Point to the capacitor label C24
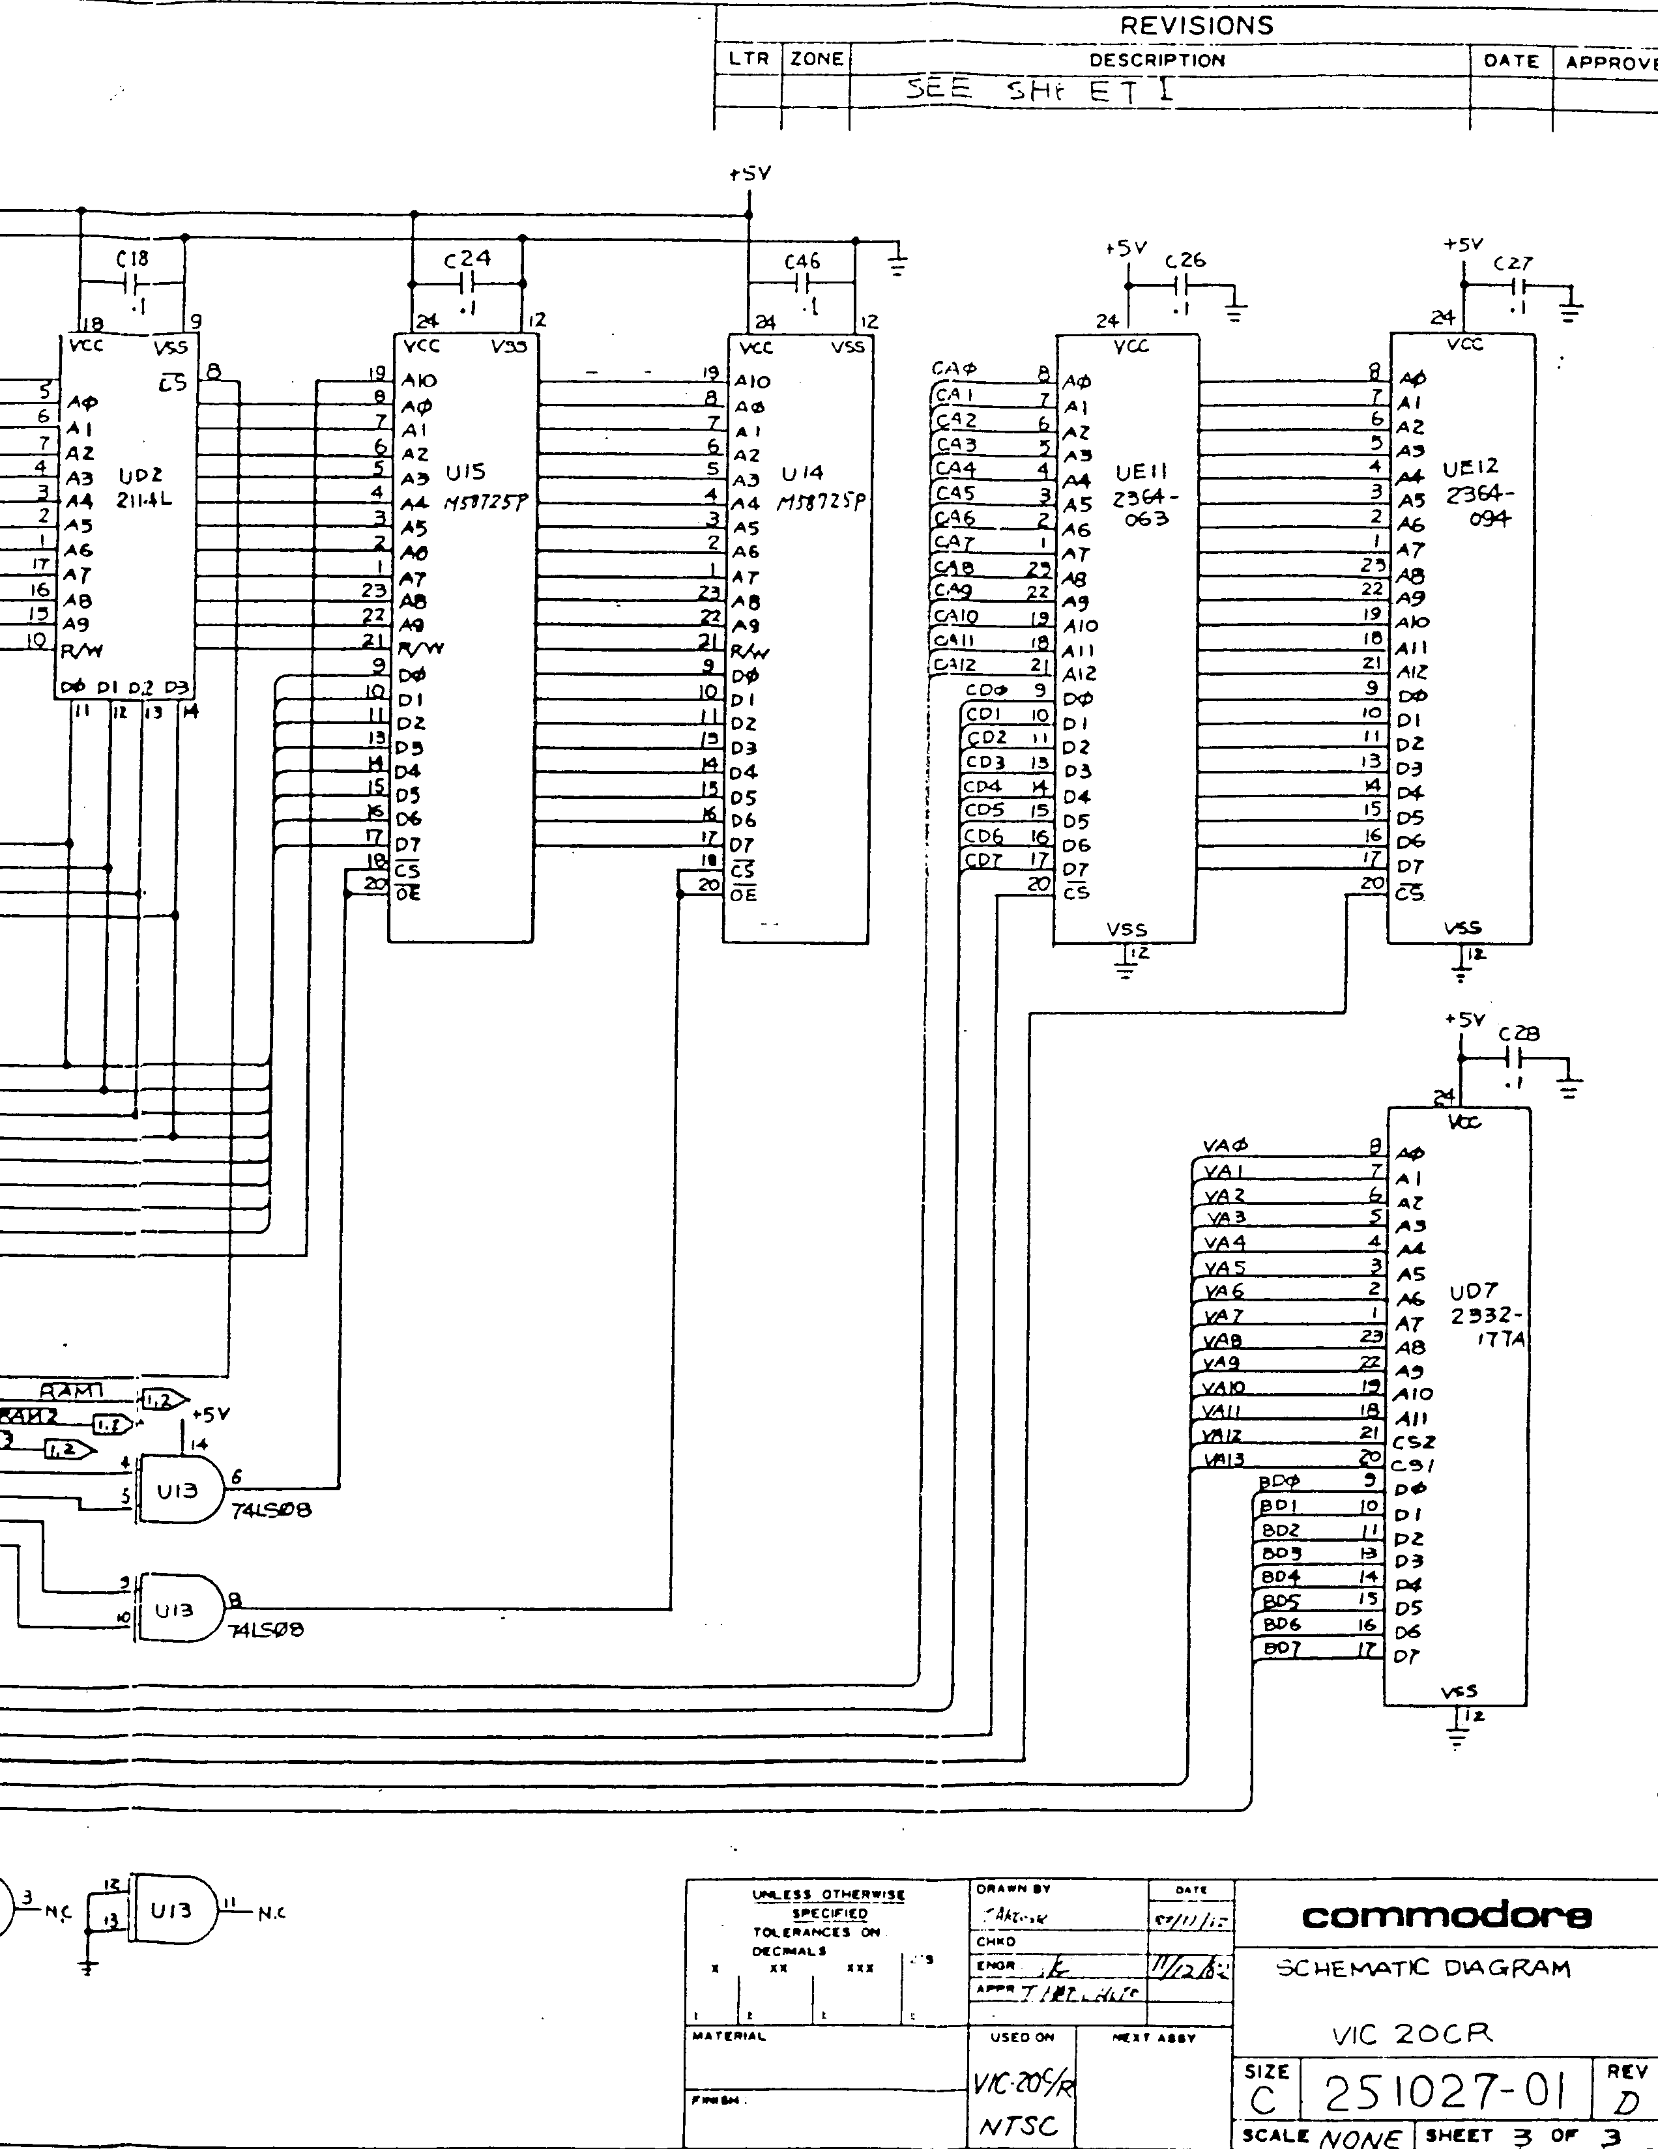pyautogui.click(x=467, y=259)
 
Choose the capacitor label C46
pyautogui.click(x=802, y=262)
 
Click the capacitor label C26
pyautogui.click(x=1185, y=261)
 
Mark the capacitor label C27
pyautogui.click(x=1513, y=264)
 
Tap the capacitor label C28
pyautogui.click(x=1519, y=1033)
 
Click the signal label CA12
pyautogui.click(x=954, y=664)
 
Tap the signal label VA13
pyautogui.click(x=1223, y=1460)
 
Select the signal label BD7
pyautogui.click(x=1281, y=1647)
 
